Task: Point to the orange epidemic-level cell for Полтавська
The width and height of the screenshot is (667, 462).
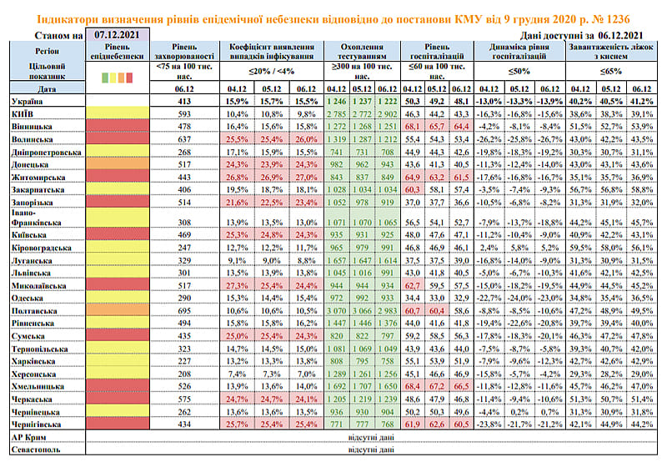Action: coord(117,309)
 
